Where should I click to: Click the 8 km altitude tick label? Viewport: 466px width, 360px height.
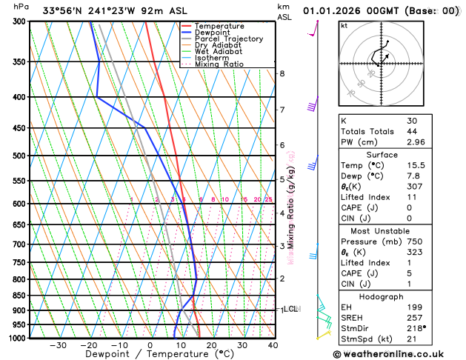pyautogui.click(x=282, y=73)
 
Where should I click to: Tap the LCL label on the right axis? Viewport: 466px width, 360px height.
pyautogui.click(x=290, y=309)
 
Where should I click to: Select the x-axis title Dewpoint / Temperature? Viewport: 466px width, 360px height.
pyautogui.click(x=149, y=355)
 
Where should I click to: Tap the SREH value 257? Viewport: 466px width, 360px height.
pyautogui.click(x=414, y=316)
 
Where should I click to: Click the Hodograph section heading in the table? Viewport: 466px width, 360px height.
pyautogui.click(x=382, y=296)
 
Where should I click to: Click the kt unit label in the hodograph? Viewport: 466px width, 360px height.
pyautogui.click(x=344, y=25)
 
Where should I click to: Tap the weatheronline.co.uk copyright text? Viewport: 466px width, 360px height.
pyautogui.click(x=400, y=354)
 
